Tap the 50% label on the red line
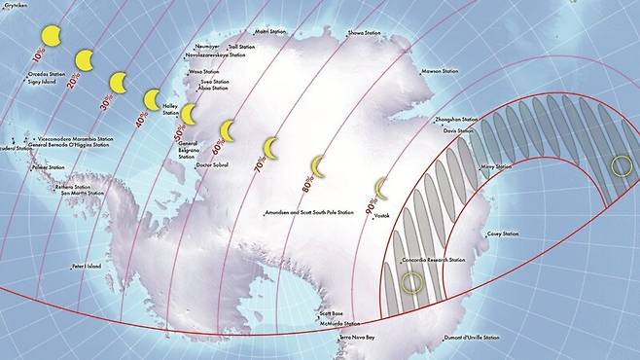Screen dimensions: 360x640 pos(178,130)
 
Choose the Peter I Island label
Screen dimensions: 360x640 pos(87,265)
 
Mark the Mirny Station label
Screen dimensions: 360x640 pos(495,166)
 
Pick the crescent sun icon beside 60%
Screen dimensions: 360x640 pos(231,130)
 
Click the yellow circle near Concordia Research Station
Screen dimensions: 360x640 pos(413,283)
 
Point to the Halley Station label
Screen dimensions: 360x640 pos(171,109)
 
